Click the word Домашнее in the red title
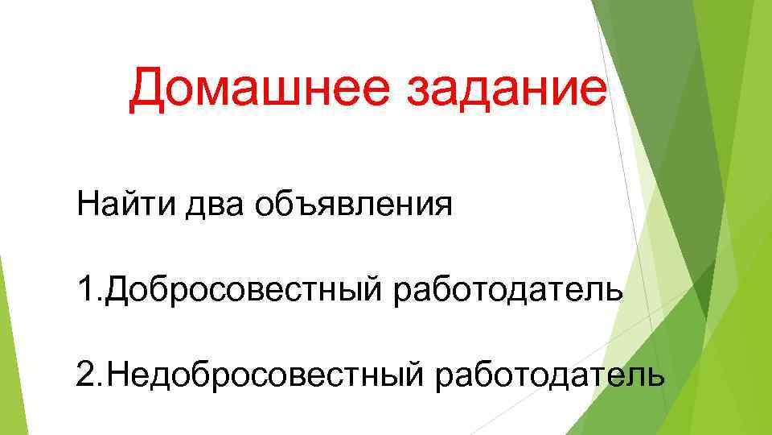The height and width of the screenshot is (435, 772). click(261, 89)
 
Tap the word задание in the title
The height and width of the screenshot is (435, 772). click(507, 89)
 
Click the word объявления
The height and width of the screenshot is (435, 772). click(354, 205)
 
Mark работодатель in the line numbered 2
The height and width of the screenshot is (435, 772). click(550, 375)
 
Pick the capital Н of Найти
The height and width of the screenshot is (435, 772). click(89, 203)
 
